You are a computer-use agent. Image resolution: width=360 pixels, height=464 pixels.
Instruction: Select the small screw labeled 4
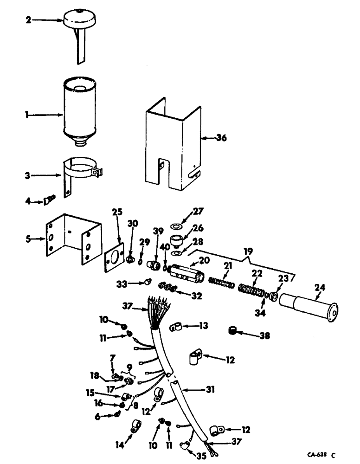[x=49, y=200]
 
